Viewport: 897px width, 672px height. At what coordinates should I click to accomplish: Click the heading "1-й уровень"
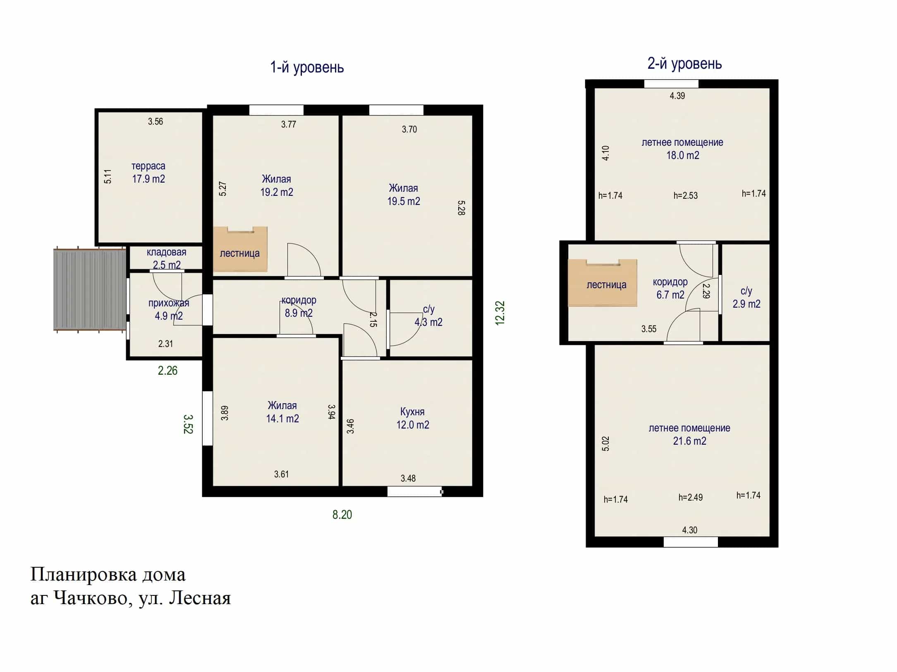tap(307, 67)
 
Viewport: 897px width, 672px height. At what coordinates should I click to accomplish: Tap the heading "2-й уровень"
tap(684, 64)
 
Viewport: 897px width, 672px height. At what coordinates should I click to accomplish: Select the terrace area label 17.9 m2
tap(148, 179)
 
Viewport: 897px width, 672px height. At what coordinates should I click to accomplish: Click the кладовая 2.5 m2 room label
tap(167, 258)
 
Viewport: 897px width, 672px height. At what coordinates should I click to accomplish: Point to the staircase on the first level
tap(240, 249)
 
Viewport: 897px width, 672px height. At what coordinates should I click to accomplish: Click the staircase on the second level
tap(603, 283)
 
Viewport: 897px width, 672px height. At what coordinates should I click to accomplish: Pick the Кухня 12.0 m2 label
tap(413, 418)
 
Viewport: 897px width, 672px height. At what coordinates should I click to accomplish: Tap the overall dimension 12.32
tap(500, 313)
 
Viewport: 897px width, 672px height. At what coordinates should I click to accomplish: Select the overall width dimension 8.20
tap(342, 515)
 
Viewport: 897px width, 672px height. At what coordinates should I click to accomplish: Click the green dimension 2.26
tap(167, 371)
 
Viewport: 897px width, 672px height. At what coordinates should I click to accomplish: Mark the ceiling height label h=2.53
tap(685, 195)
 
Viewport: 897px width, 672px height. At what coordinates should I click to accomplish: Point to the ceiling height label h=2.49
tap(690, 497)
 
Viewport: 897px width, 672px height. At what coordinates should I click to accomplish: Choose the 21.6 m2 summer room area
tap(689, 441)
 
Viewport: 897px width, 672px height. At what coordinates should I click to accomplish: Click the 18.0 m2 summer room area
tap(683, 155)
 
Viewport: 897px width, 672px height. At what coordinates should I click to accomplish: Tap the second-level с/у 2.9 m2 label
tap(746, 298)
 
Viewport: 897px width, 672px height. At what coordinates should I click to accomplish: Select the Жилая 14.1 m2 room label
tap(282, 412)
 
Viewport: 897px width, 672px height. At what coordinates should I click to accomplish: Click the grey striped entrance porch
tap(90, 289)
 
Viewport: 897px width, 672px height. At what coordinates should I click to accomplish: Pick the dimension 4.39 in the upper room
tap(677, 96)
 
